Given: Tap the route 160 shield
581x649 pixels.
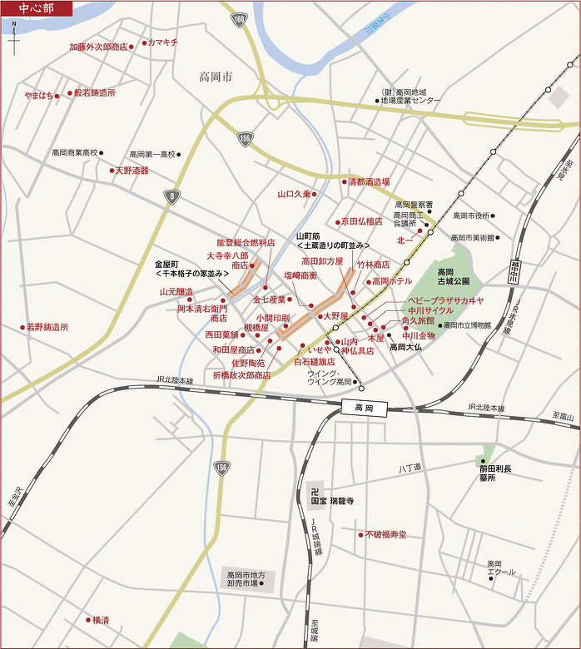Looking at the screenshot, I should pyautogui.click(x=240, y=17).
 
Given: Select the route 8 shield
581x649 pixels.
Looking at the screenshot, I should pyautogui.click(x=171, y=196).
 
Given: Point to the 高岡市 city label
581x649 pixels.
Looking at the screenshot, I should pyautogui.click(x=216, y=77).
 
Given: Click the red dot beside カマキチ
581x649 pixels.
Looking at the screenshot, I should pyautogui.click(x=144, y=42).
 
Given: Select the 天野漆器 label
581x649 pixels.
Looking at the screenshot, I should pyautogui.click(x=132, y=171).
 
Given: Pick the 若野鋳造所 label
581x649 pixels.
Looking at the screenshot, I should pyautogui.click(x=47, y=327).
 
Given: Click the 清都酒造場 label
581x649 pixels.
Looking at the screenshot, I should pyautogui.click(x=368, y=181).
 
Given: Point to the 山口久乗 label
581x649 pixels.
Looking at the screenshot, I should pyautogui.click(x=294, y=194).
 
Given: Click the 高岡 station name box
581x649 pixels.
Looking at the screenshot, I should pyautogui.click(x=364, y=408).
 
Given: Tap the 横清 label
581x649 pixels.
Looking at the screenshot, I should pyautogui.click(x=100, y=620).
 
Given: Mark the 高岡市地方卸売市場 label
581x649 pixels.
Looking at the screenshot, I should pyautogui.click(x=245, y=579).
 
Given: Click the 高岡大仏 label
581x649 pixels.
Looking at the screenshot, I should pyautogui.click(x=406, y=348).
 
